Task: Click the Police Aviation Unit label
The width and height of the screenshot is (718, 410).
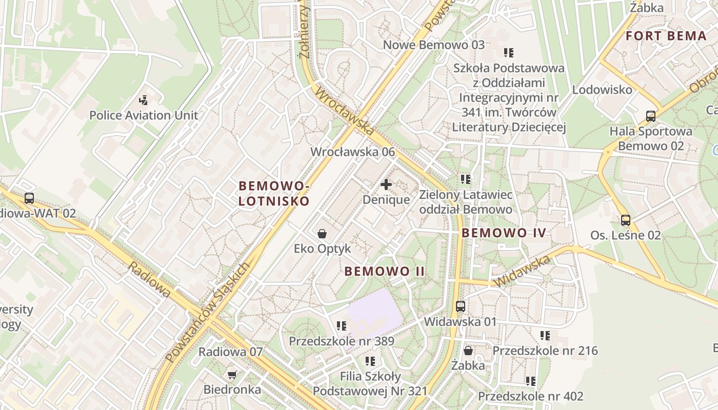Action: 144,115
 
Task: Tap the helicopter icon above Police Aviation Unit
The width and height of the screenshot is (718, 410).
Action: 144,100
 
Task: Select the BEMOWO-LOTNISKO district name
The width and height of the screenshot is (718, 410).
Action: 274,193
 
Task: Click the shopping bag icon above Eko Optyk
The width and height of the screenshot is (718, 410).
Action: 322,234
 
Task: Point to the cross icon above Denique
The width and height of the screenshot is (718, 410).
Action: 386,184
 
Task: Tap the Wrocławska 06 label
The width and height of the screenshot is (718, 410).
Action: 353,152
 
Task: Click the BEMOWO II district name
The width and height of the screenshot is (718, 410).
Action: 385,271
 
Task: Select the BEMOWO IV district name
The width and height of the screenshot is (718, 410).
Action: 504,233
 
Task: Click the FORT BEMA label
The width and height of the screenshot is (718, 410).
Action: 666,36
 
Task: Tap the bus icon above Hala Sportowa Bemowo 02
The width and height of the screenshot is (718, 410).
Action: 651,116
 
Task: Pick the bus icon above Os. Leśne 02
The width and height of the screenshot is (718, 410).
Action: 626,220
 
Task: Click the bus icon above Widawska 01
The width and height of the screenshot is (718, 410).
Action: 461,306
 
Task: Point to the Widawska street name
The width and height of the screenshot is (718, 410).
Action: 522,271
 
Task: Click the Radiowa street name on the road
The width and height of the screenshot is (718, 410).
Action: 149,279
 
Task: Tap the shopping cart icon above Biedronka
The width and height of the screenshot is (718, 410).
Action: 232,375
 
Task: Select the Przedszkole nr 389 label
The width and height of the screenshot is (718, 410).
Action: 341,341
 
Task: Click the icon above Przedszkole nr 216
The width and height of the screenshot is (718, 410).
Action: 545,336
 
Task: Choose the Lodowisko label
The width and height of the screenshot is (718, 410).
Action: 602,90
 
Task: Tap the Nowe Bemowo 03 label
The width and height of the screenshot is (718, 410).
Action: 434,45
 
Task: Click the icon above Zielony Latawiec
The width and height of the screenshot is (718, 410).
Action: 466,179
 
